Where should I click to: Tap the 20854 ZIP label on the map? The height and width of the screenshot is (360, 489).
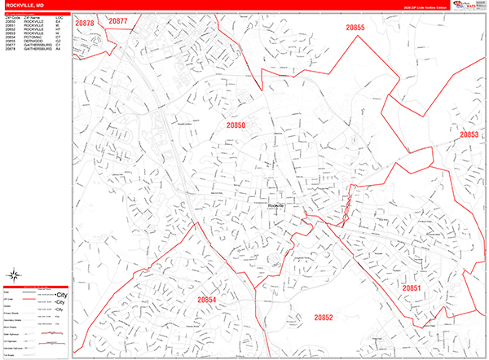pyautogui.click(x=207, y=300)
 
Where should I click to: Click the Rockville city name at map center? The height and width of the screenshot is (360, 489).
pyautogui.click(x=277, y=206)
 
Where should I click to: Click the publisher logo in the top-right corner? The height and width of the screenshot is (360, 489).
pyautogui.click(x=467, y=6)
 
